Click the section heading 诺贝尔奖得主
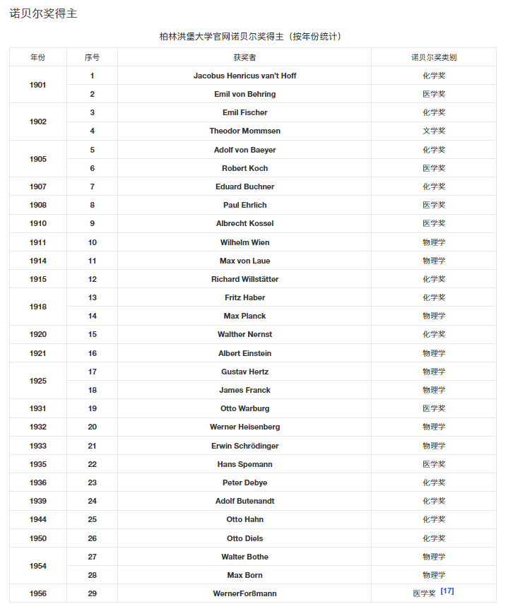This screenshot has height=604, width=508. [43, 13]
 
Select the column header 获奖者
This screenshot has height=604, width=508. [244, 57]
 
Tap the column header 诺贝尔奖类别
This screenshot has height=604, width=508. [434, 57]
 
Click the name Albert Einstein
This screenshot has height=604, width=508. [244, 353]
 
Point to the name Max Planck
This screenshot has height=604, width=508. [244, 316]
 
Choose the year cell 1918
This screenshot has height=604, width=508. [38, 307]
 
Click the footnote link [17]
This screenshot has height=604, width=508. [447, 591]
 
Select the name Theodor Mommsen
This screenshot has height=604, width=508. [244, 131]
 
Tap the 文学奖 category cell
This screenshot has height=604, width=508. [434, 131]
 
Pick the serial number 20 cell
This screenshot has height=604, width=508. [92, 427]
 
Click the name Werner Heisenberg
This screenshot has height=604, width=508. [244, 427]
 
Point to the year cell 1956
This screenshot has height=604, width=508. [38, 593]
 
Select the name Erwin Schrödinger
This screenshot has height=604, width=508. [244, 446]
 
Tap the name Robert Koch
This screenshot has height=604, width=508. [244, 168]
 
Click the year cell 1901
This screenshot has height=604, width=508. [38, 85]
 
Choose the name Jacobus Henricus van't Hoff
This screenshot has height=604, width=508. [244, 76]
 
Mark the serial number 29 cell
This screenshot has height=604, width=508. [92, 593]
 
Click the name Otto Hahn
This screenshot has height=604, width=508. [244, 519]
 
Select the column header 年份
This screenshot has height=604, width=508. [38, 57]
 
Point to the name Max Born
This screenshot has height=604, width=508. [244, 575]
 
